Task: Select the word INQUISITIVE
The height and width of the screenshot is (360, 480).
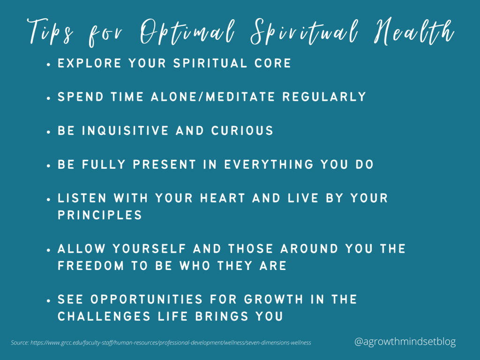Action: click(x=130, y=131)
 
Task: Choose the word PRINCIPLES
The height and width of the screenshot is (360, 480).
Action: click(x=100, y=215)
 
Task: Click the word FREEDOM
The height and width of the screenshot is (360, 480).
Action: click(x=91, y=266)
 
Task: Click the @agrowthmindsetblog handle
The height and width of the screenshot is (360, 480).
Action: click(x=405, y=342)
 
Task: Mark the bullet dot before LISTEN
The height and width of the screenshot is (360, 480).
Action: click(x=49, y=199)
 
